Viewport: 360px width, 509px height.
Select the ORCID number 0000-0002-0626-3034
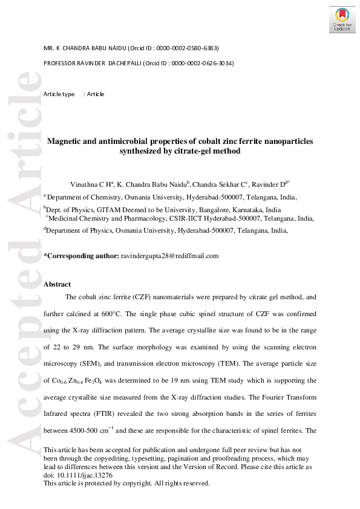coord(202,63)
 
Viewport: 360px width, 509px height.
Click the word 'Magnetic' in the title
coord(66,141)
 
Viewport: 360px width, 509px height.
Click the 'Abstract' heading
coord(57,284)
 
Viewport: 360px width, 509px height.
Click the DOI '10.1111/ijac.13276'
coord(82,475)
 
